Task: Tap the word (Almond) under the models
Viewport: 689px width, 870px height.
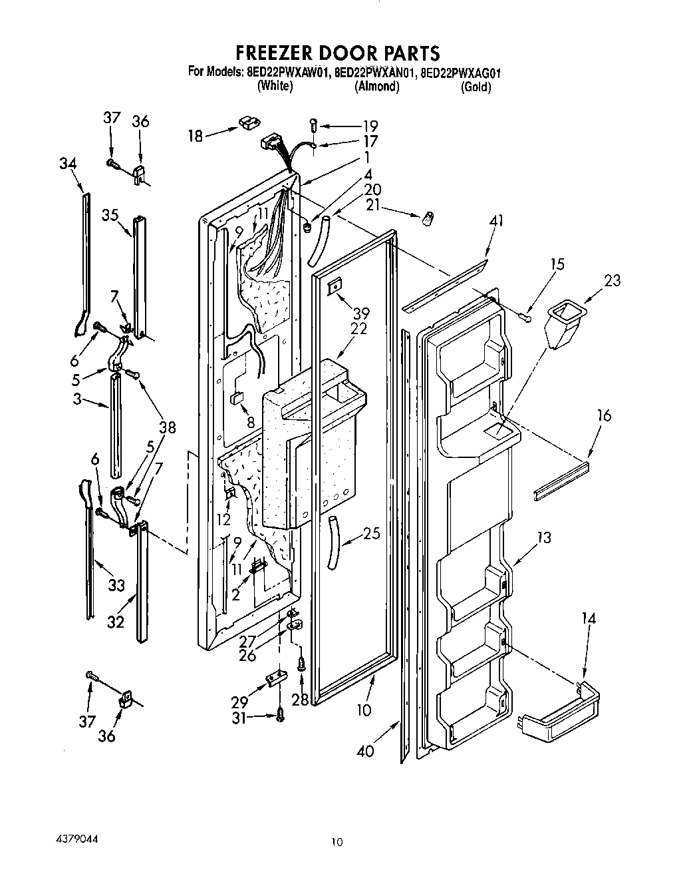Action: coord(377,87)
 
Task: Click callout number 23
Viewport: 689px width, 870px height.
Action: coord(612,280)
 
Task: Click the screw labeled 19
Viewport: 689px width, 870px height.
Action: coord(315,124)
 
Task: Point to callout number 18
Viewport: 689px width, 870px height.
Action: coord(195,136)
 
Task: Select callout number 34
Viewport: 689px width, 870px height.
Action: coord(68,164)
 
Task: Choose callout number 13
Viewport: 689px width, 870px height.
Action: coord(544,537)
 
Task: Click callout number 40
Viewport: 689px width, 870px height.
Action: coord(365,751)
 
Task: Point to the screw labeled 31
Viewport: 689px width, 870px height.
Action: coord(280,716)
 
